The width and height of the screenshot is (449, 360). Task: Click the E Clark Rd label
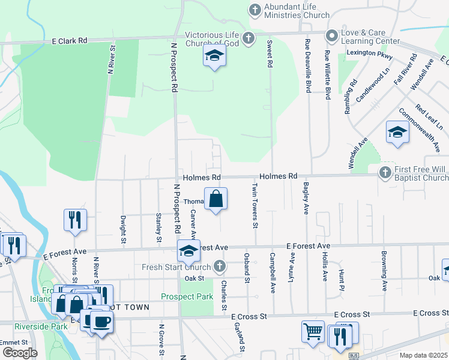pos(70,40)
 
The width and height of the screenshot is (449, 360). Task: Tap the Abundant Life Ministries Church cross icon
pos(255,10)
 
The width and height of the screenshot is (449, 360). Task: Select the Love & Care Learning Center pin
pos(331,36)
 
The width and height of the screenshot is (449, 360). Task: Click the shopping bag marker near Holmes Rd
pos(216,199)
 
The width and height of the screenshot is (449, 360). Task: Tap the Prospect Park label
pos(187,296)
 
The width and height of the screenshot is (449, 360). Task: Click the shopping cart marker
pos(313,332)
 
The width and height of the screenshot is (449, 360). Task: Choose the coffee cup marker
pos(101,321)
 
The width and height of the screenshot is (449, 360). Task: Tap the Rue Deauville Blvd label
pos(308,65)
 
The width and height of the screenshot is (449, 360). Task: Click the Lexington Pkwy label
pos(369,53)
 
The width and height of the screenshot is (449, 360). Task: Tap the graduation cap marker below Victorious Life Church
pos(214,56)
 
